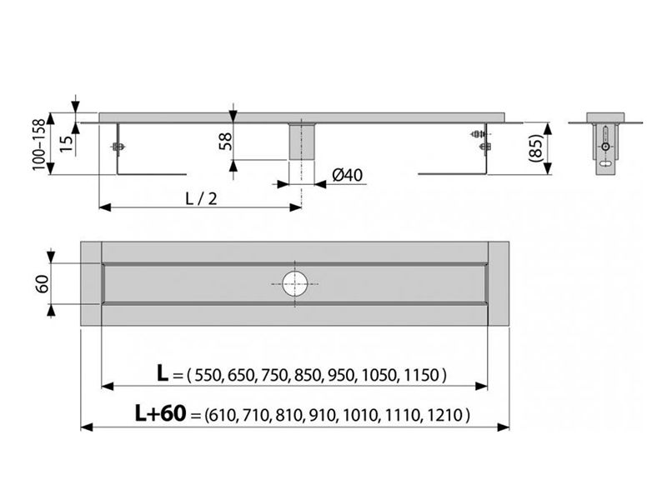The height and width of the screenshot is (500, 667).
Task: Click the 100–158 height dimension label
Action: click(38, 144)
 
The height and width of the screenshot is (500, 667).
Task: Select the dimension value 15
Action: click(67, 142)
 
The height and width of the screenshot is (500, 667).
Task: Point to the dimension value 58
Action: click(225, 141)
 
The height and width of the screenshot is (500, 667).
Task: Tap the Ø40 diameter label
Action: click(348, 175)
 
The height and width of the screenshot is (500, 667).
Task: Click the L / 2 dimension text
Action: click(201, 198)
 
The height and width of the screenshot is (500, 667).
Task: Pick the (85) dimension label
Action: click(536, 148)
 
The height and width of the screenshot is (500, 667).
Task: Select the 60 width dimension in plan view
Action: click(43, 283)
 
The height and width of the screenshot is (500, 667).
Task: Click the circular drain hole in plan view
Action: click(294, 283)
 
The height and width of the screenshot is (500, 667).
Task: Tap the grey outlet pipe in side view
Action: click(302, 142)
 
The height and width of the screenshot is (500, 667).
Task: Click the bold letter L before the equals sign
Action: click(163, 373)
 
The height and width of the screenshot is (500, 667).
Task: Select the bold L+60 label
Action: click(160, 412)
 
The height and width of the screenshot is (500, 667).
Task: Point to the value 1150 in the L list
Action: click(421, 375)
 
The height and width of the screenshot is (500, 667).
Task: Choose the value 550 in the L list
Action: click(208, 375)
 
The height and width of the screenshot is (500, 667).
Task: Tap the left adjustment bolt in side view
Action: click(118, 147)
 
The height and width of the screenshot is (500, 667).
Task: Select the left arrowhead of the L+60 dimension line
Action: click(87, 427)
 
